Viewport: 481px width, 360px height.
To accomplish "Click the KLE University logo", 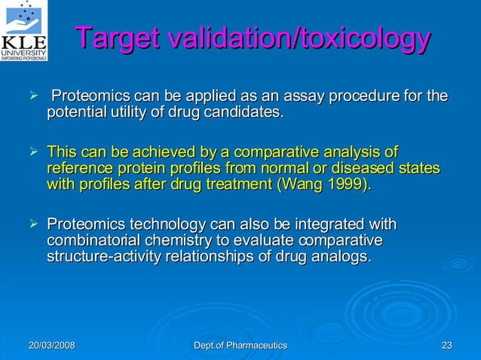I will (x=25, y=30).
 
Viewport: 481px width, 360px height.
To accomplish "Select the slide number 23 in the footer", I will (x=446, y=345).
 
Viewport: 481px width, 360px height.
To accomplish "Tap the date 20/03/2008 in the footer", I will (x=52, y=345).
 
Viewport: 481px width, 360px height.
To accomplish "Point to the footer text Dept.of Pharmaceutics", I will (x=240, y=345).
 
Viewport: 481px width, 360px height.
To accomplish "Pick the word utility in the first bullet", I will (x=133, y=113).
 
